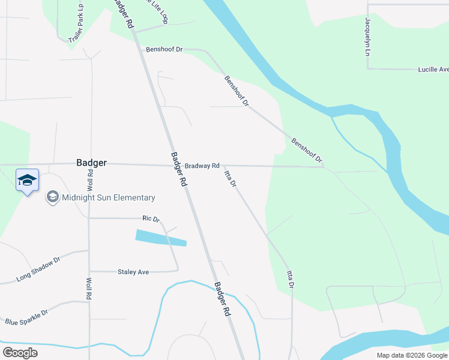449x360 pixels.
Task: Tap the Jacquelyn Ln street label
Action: (367, 37)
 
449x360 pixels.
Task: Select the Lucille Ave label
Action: (433, 70)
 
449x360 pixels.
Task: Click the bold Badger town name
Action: (92, 163)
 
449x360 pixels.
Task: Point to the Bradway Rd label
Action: (202, 166)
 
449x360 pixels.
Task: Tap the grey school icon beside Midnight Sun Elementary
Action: (52, 197)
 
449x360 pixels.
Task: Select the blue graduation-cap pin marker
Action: (27, 181)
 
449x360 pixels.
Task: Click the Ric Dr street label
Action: (151, 219)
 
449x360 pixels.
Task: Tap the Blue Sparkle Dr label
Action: (26, 317)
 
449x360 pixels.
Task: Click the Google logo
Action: (20, 352)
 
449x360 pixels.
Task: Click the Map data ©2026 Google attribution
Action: (411, 355)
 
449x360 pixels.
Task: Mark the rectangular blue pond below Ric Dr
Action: (161, 238)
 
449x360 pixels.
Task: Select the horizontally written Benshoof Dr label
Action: (163, 49)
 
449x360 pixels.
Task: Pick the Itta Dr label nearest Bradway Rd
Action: (231, 179)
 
